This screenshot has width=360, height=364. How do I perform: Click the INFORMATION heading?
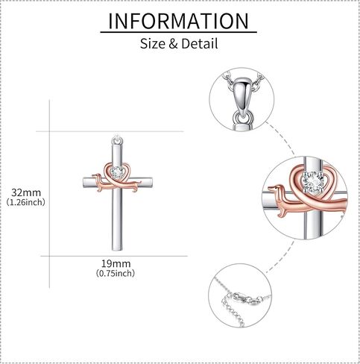(179, 21)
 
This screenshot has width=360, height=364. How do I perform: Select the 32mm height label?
(26, 192)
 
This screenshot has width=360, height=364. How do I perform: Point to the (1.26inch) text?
(26, 202)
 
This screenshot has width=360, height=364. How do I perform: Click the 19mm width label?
(116, 263)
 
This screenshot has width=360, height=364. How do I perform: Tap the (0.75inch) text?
(116, 273)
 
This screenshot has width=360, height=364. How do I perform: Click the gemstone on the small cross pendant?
(117, 172)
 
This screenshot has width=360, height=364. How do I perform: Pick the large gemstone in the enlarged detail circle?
(313, 182)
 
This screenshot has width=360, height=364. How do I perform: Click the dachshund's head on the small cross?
(95, 178)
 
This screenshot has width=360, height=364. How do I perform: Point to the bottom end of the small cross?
(117, 250)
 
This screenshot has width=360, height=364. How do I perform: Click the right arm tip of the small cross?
(152, 183)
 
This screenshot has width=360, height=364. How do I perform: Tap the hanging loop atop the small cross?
(117, 139)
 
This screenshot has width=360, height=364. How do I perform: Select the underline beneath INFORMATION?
(178, 32)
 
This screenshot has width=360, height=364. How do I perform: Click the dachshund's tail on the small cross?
(138, 183)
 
